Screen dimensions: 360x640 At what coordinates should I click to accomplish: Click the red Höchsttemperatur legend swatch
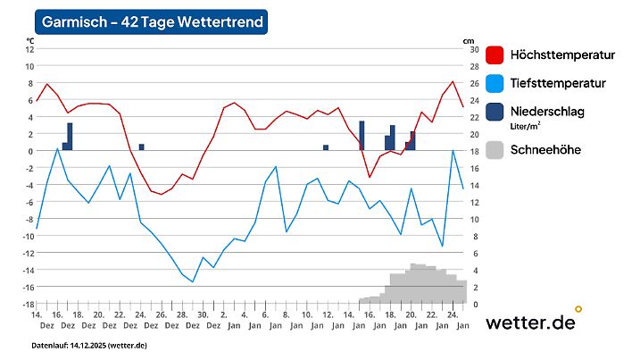point(495,55)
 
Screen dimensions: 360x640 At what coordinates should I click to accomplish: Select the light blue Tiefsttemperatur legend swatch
point(495,83)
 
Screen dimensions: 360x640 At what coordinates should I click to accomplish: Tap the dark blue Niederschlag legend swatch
point(495,112)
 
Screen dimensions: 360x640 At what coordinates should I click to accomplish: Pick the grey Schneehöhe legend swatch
point(495,150)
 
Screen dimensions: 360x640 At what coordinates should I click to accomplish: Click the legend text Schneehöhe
point(545,150)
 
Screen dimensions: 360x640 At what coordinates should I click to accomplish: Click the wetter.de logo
point(531,322)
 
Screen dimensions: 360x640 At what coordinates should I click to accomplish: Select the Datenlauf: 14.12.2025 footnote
point(89,345)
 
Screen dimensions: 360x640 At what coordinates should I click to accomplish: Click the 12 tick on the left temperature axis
point(29,49)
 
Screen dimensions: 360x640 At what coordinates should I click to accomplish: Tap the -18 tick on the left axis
point(28,304)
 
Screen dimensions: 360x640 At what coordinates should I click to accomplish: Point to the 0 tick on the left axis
point(30,151)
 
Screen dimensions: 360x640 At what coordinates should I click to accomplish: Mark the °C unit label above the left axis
point(30,40)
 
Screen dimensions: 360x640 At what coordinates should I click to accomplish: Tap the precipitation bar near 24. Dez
point(141,147)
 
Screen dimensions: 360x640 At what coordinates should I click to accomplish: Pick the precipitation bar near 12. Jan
point(326,147)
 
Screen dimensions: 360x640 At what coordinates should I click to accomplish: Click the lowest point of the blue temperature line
point(193,281)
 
